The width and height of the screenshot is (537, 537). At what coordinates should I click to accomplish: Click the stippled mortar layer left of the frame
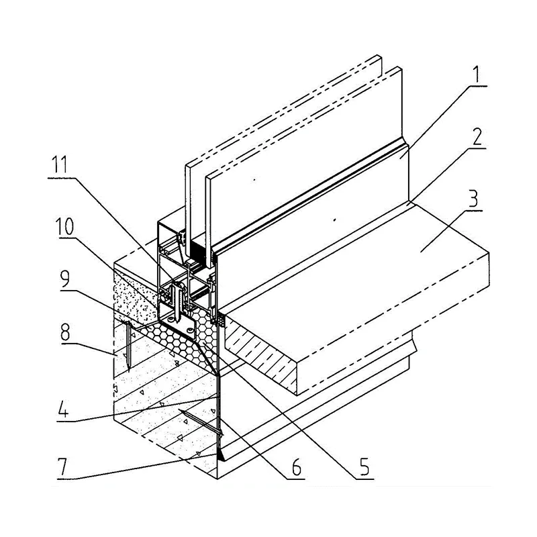tap(138, 295)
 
